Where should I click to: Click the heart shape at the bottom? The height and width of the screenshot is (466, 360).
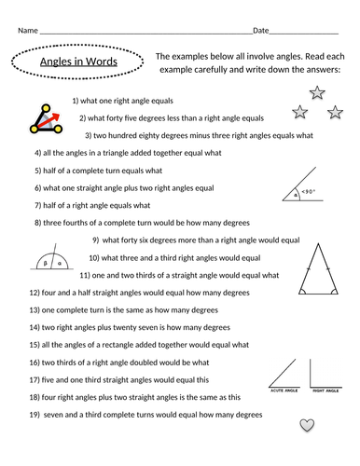tap(306, 425)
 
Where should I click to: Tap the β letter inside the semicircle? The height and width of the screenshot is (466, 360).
tap(46, 264)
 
